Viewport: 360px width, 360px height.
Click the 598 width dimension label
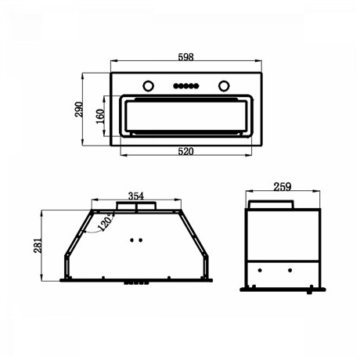[x=185, y=57]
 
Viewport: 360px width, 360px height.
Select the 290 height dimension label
[x=79, y=110]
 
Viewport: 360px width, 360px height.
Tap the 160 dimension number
[x=100, y=117]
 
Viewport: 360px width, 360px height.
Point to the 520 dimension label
[x=185, y=151]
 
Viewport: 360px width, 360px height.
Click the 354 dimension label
[x=136, y=196]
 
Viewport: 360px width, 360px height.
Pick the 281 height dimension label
[x=38, y=245]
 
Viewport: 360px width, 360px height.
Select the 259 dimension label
[x=283, y=186]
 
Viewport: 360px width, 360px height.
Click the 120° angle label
[x=106, y=222]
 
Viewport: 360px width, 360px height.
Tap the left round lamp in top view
[x=148, y=85]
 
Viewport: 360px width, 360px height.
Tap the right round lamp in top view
[x=224, y=85]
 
